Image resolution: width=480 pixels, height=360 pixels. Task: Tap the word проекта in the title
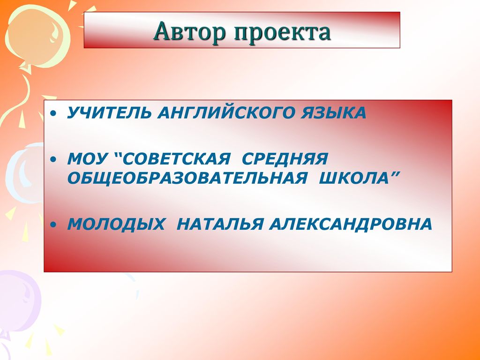282,32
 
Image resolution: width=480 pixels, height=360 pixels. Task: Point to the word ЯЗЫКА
333,112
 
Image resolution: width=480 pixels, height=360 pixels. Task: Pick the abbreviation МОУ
87,159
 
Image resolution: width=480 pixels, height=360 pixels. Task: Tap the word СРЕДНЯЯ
285,159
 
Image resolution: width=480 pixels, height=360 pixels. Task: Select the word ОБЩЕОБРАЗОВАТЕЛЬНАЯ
187,178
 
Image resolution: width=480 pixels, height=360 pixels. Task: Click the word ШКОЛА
353,178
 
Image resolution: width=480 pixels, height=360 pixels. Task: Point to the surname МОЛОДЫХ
116,224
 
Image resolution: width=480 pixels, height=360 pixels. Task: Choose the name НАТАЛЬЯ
220,224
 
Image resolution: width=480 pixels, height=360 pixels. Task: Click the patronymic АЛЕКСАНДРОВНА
351,224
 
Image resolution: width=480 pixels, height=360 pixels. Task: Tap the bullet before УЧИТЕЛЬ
53,114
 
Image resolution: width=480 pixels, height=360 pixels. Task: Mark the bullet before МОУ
53,160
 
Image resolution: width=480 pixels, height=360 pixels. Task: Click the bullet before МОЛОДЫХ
53,225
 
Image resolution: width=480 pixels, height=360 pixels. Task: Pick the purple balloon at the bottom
19,301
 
